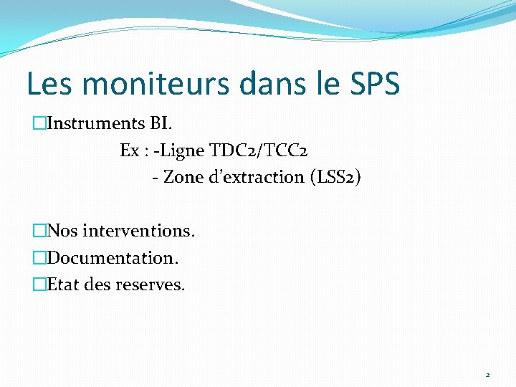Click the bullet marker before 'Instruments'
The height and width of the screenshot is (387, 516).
(x=39, y=124)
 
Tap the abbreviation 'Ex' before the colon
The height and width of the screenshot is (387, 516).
(x=130, y=150)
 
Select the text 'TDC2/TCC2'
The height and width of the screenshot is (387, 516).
(x=259, y=150)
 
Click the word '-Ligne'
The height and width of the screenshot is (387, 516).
(x=181, y=150)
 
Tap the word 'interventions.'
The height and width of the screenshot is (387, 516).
(x=138, y=231)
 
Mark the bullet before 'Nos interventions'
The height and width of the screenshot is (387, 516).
(x=39, y=231)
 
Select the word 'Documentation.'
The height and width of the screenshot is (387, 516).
(x=113, y=257)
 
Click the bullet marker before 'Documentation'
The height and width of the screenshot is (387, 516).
(x=39, y=258)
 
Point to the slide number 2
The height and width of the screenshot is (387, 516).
(x=487, y=375)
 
